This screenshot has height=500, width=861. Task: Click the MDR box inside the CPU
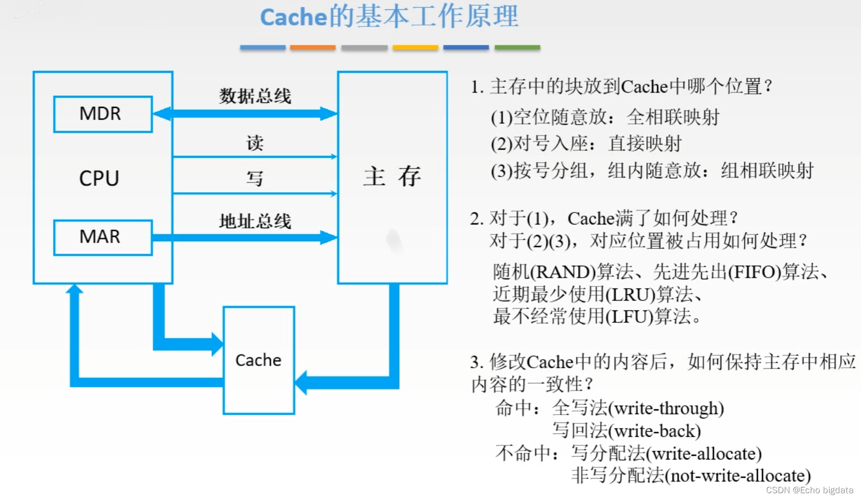tap(103, 114)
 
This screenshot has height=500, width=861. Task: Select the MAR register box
tap(103, 237)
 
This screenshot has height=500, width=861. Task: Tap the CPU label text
tap(99, 179)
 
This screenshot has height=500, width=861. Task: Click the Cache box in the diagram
tap(259, 360)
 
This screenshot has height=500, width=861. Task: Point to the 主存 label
tap(392, 177)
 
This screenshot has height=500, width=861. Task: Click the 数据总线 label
tap(255, 96)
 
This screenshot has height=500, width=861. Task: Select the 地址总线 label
tap(255, 221)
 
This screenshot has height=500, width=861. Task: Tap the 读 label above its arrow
tap(255, 143)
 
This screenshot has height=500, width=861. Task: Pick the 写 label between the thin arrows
tap(255, 179)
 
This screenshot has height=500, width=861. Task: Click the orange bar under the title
tap(312, 47)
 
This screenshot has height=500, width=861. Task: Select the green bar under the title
tap(517, 47)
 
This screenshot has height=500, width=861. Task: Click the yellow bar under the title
tap(415, 47)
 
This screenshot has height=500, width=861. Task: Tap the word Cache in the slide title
tap(293, 17)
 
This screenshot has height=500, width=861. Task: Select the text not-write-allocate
tap(738, 476)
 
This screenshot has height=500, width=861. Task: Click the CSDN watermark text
tap(809, 490)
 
